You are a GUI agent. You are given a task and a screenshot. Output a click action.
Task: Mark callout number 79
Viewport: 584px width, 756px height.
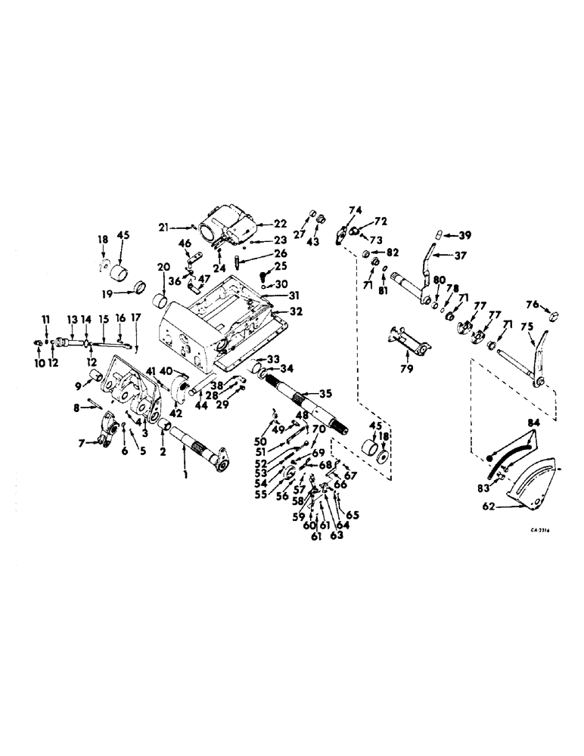(408, 368)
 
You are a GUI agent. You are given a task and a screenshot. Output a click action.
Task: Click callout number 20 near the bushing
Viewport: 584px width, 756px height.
(163, 268)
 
